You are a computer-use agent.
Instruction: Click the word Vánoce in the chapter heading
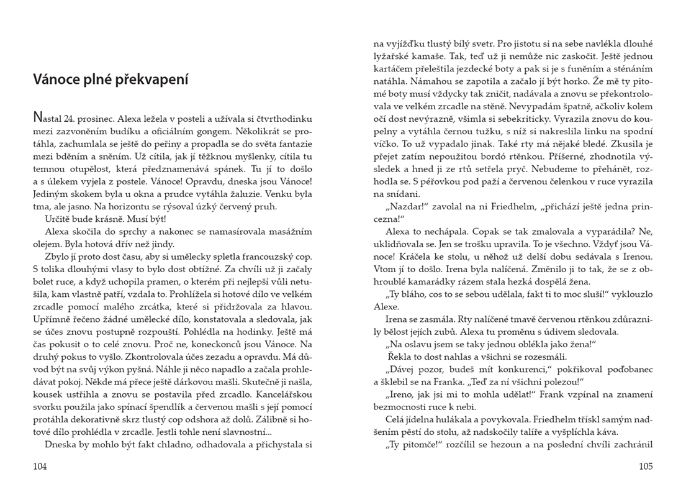tap(53, 80)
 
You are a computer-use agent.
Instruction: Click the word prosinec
tap(101, 118)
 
